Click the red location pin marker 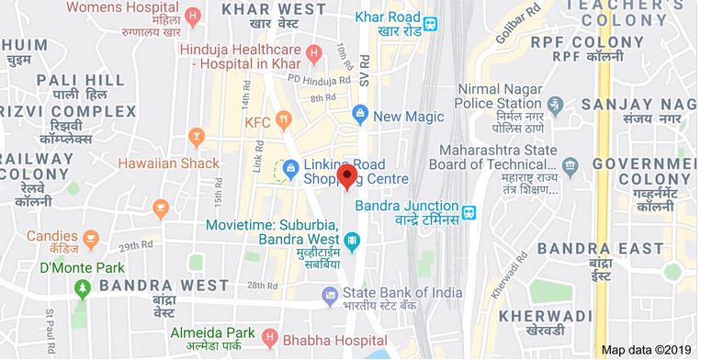click(346, 175)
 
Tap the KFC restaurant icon click(285, 120)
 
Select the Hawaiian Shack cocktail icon click(195, 138)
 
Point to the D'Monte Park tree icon click(84, 289)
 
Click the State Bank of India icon click(329, 294)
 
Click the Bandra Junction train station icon click(469, 212)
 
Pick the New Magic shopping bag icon click(361, 114)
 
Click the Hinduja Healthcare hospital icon click(314, 52)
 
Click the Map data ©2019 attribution click(647, 350)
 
